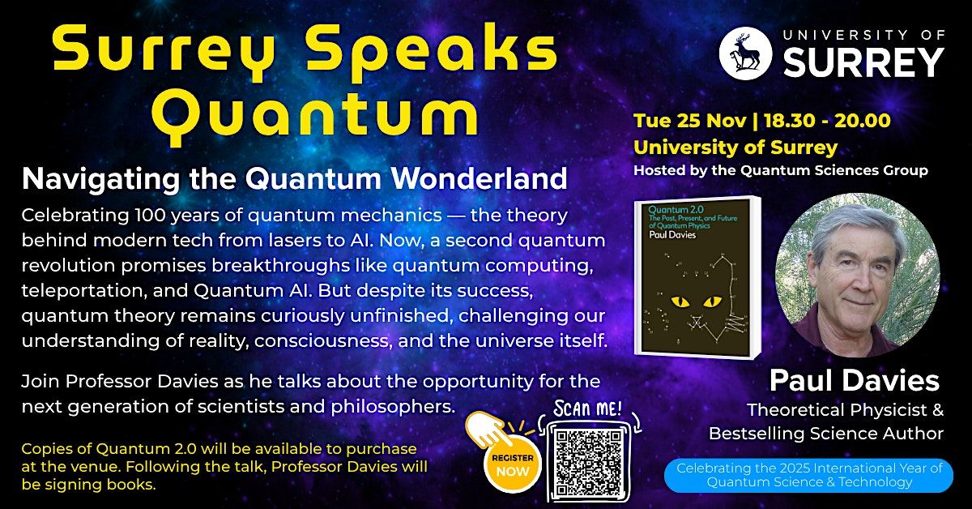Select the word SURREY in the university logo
pos(866,62)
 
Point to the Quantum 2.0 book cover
pos(696,278)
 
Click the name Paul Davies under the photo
pos(854,380)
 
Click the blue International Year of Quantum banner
pos(808,475)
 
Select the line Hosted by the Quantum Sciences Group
pos(780,170)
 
